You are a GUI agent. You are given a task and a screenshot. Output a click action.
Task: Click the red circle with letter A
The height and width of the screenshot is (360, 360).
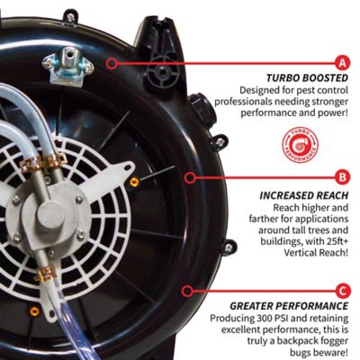coord(341,63)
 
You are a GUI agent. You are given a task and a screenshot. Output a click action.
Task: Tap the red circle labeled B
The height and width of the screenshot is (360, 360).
coord(341,176)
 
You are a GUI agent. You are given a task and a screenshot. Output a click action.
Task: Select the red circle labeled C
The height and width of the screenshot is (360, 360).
coord(341,290)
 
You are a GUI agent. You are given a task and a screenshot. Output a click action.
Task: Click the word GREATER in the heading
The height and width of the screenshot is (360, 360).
coord(259,305)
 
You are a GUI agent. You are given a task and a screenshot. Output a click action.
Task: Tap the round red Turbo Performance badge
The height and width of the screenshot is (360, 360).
coord(292,145)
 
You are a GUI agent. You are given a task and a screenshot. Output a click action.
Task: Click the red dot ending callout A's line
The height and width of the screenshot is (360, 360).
coord(110,63)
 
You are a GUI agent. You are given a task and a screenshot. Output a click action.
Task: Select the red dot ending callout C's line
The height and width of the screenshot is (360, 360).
coord(184,290)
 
